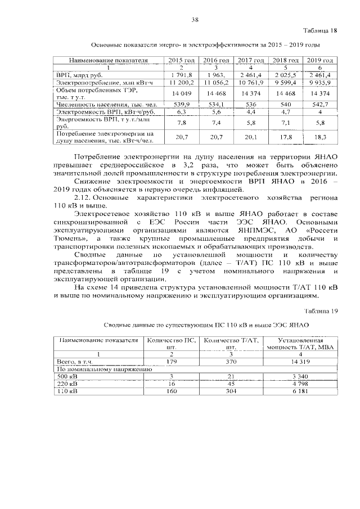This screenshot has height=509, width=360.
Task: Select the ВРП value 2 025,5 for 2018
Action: pyautogui.click(x=285, y=74)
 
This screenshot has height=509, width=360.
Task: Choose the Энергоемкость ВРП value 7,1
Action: pyautogui.click(x=285, y=122)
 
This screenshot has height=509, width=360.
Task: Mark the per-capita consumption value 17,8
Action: pyautogui.click(x=285, y=137)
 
